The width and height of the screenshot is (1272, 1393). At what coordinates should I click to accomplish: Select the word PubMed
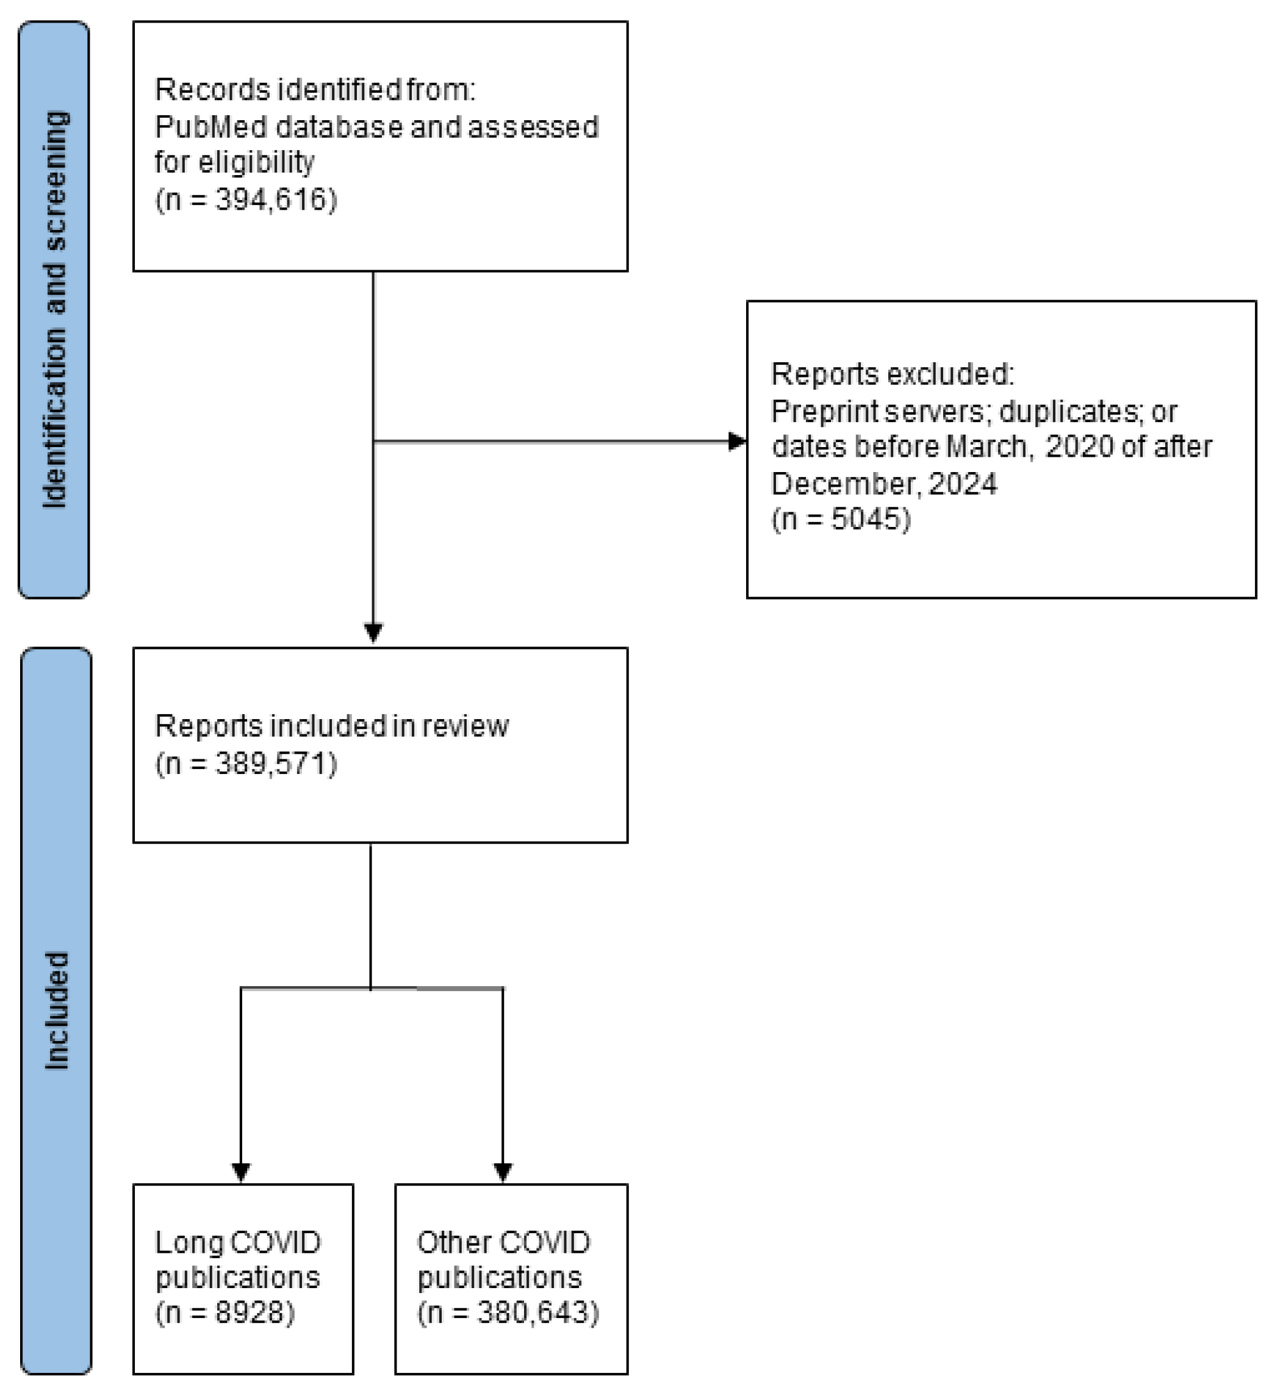pos(211,127)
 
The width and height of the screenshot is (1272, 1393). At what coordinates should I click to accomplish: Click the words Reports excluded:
pos(892,374)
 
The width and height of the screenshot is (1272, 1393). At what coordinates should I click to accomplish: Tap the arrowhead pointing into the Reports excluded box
pos(738,441)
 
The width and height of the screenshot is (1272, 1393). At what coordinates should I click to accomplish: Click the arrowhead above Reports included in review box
pos(373,632)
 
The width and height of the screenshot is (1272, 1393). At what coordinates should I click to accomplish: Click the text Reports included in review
pos(332,726)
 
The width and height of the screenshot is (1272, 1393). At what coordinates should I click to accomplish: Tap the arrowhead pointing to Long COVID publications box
pos(240,1172)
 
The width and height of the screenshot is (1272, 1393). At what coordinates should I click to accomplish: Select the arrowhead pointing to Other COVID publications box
pos(503,1172)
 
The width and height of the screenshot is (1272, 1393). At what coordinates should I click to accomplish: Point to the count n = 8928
pos(225,1312)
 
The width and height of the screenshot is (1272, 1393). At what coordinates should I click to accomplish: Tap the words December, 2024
pos(883,484)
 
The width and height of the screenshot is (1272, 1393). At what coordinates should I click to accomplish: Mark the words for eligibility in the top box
pos(234,163)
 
